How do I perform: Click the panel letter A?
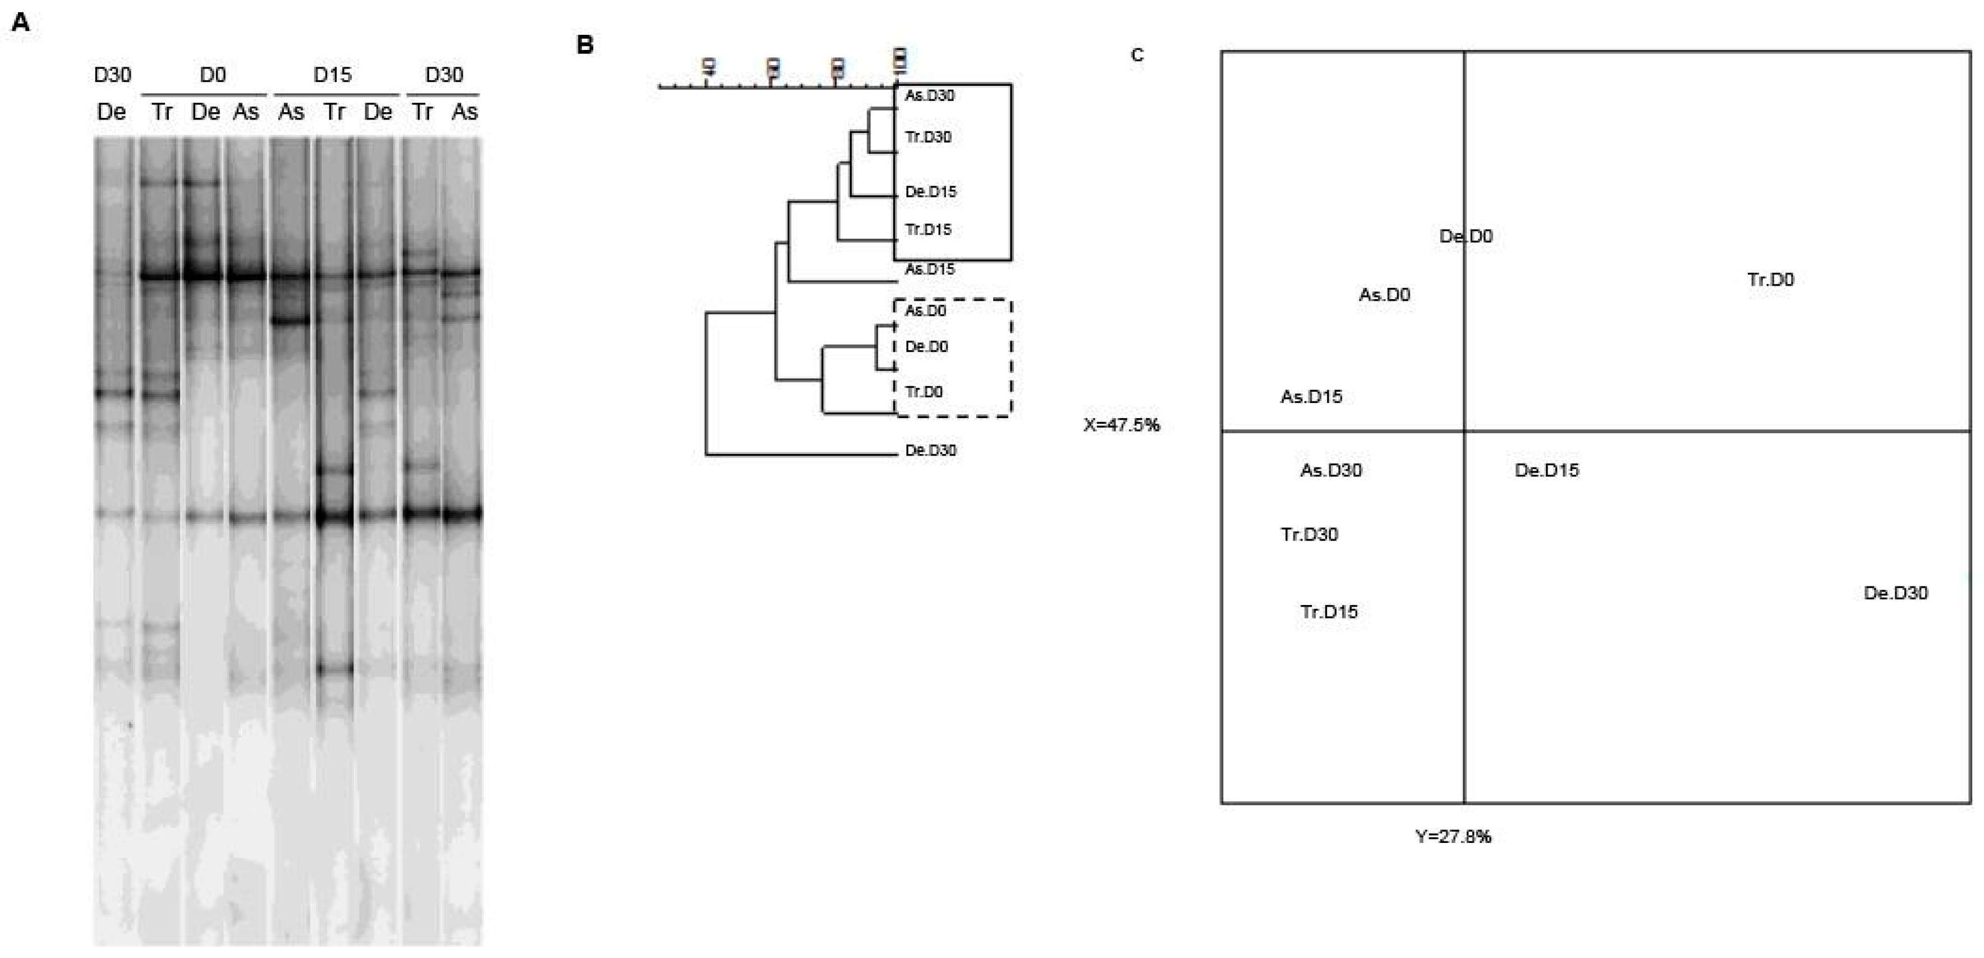click(x=21, y=23)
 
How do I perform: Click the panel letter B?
click(x=585, y=45)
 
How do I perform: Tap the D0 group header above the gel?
click(x=213, y=75)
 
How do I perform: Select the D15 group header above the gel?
click(x=332, y=75)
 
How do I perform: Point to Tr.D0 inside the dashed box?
click(x=924, y=392)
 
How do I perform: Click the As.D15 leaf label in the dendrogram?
click(x=930, y=269)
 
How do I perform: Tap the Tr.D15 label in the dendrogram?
click(x=928, y=230)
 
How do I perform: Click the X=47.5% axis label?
click(x=1122, y=425)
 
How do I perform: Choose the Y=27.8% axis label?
click(x=1453, y=836)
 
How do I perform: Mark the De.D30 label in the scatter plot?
click(x=1895, y=593)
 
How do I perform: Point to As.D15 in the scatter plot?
click(x=1311, y=397)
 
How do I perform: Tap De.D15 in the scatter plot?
click(x=1546, y=470)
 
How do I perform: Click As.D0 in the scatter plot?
click(x=1384, y=295)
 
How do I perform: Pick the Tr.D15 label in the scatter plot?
click(x=1329, y=612)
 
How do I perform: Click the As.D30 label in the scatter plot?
click(x=1331, y=470)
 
